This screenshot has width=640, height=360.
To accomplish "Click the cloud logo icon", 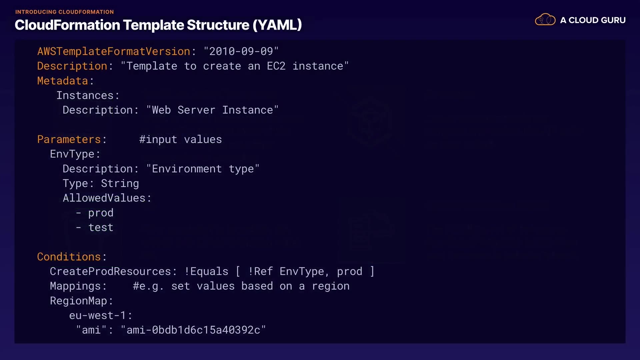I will pyautogui.click(x=545, y=20).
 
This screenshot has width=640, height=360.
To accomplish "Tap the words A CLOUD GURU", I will pyautogui.click(x=593, y=20).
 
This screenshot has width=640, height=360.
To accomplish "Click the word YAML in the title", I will pyautogui.click(x=277, y=25).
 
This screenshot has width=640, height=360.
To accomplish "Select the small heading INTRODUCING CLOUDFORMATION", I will pyautogui.click(x=64, y=12).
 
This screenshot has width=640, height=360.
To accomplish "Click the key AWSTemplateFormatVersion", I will pyautogui.click(x=114, y=51).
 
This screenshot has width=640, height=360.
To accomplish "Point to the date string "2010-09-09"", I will pyautogui.click(x=241, y=51).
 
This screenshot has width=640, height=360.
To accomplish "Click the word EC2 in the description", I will pyautogui.click(x=276, y=66).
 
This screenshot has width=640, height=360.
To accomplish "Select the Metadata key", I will pyautogui.click(x=63, y=81).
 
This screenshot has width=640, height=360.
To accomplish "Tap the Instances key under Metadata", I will pyautogui.click(x=85, y=95).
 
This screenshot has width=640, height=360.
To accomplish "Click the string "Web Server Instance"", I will pyautogui.click(x=212, y=110).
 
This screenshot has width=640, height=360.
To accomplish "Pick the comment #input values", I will pyautogui.click(x=180, y=139).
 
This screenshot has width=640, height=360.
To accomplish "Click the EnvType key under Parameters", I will pyautogui.click(x=72, y=154).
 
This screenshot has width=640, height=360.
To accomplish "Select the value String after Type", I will pyautogui.click(x=120, y=183).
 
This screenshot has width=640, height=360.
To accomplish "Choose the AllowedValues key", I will pyautogui.click(x=104, y=198).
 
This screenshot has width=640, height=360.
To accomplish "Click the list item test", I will pyautogui.click(x=101, y=227).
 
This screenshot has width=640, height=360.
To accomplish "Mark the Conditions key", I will pyautogui.click(x=69, y=257).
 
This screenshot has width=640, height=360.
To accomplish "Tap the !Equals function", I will pyautogui.click(x=206, y=271).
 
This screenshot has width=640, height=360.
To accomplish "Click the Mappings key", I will pyautogui.click(x=75, y=286).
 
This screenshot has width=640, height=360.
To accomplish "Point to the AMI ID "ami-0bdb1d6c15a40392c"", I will pyautogui.click(x=193, y=330).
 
